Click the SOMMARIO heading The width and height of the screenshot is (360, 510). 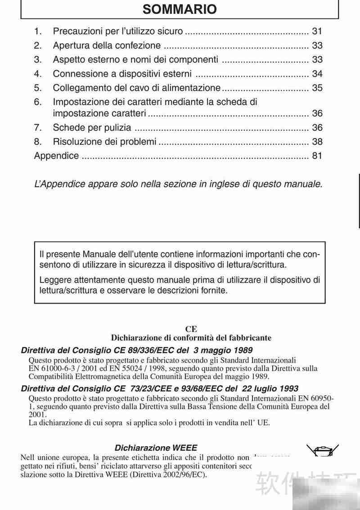point(180,9)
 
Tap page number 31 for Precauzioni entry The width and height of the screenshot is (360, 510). point(317,31)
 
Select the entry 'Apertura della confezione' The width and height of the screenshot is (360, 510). point(107,45)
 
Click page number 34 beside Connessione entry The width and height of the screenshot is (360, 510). point(317,74)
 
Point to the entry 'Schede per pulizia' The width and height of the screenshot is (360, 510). point(92,128)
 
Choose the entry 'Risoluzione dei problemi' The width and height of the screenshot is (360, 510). point(104,142)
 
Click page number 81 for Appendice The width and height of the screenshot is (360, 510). point(317,156)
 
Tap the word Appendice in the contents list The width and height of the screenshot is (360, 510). point(56,156)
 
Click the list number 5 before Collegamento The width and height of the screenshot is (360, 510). point(38,88)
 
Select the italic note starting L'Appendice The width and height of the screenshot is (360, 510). point(178,184)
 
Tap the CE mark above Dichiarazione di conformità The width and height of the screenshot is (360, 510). point(191,329)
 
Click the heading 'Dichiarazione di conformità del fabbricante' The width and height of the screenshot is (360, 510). point(191,337)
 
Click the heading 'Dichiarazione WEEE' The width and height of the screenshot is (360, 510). point(156,447)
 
